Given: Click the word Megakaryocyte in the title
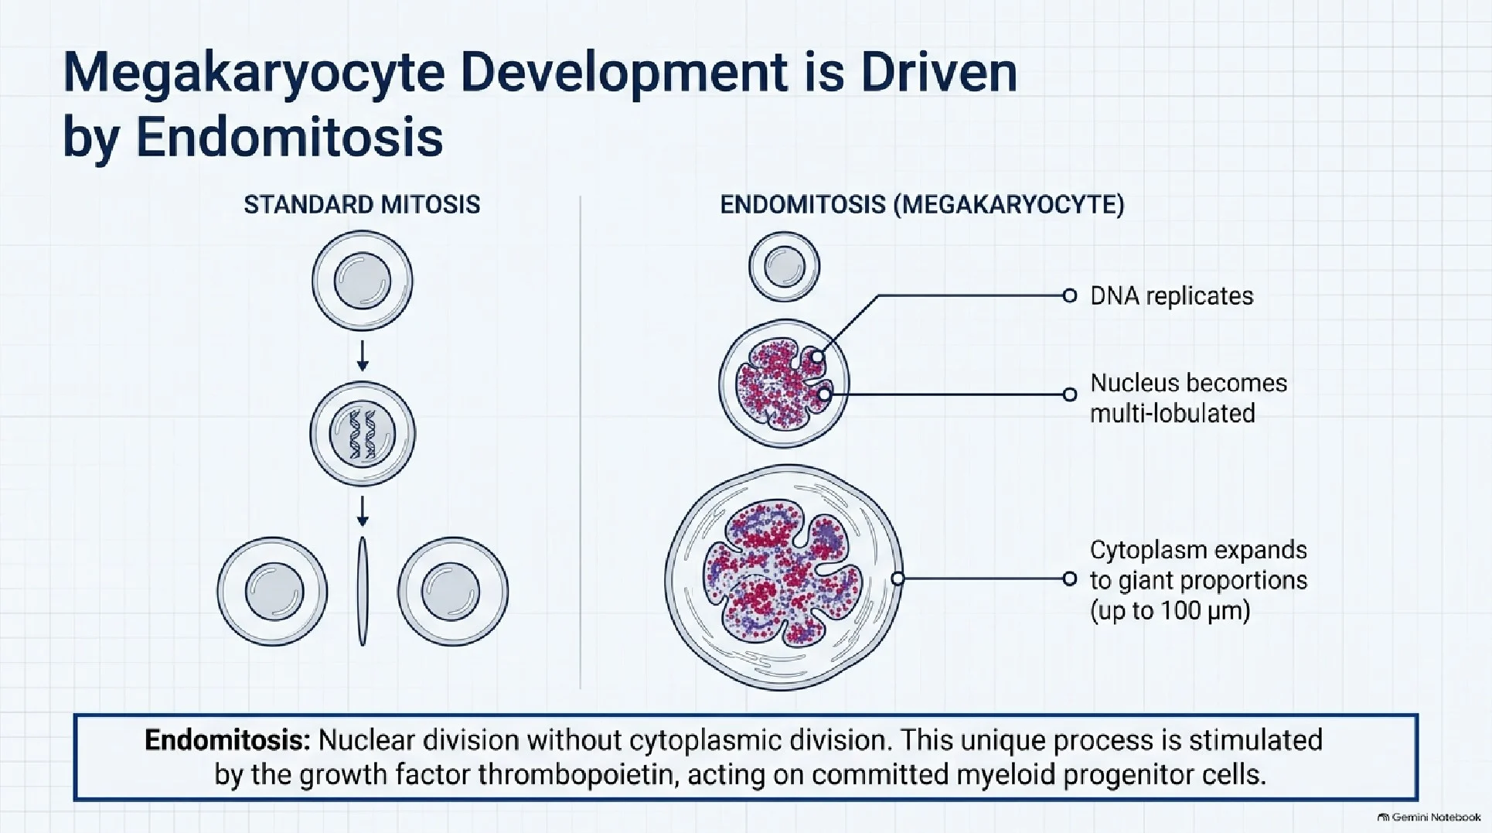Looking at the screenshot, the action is coord(254,73).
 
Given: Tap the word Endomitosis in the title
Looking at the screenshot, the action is coord(289,138).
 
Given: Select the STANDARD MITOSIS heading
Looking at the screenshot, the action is coord(362,204).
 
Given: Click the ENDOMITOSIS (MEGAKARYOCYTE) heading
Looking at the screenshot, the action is coord(922,204).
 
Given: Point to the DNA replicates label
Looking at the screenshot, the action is coord(1171,295).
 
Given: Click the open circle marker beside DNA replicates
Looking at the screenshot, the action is coord(1070,295).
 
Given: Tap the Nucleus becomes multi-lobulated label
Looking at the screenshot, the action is coord(1188,398).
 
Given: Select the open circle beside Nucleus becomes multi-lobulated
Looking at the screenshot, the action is coord(1070,394).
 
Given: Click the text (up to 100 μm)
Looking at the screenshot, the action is coord(1170,610).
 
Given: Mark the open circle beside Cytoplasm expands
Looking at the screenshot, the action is coord(1070,579).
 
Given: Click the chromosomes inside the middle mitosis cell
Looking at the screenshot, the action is coord(362,434).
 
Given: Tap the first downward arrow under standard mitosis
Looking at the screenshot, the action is coord(363,355).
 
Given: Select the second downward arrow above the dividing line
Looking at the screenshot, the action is coord(363,510).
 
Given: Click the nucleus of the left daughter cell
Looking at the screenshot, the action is coord(274,591).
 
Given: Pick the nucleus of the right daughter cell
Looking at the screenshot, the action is coord(451,591).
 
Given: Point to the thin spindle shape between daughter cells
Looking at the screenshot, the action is coord(363,591).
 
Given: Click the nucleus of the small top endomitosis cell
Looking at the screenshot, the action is coord(784,267).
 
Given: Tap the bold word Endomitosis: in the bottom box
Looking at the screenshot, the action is coord(227,740).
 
